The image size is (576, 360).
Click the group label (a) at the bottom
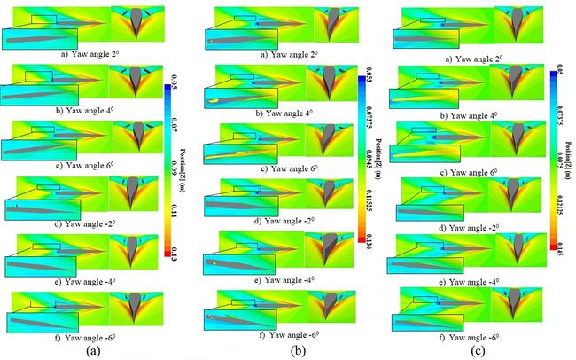click(92, 349)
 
